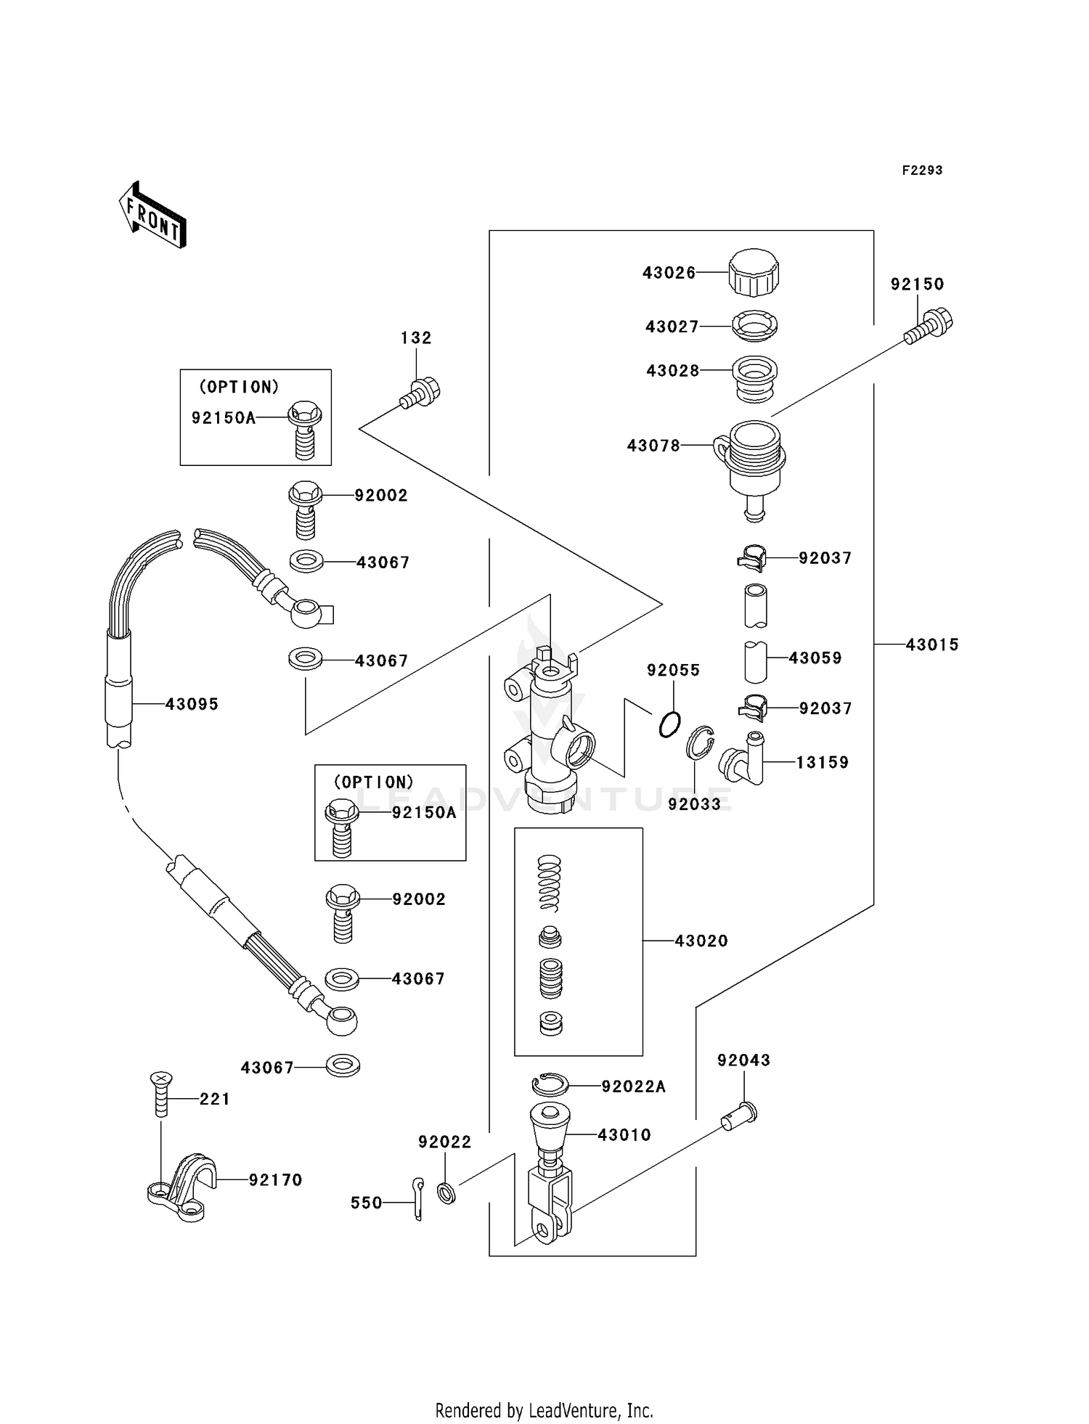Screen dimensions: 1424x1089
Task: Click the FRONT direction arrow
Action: [x=153, y=216]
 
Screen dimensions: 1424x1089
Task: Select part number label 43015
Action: [x=931, y=645]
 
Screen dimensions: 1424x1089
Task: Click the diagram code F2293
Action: [x=922, y=171]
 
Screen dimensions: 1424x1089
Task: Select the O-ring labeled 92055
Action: [x=669, y=724]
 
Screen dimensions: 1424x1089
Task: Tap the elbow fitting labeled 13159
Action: [x=743, y=761]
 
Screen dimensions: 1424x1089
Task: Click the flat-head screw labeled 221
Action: [x=161, y=1094]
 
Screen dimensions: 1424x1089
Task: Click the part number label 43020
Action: [x=701, y=941]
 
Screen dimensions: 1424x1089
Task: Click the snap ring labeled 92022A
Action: [x=550, y=1084]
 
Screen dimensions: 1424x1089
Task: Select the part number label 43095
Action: [x=192, y=704]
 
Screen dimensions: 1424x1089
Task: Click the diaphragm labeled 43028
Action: [x=754, y=377]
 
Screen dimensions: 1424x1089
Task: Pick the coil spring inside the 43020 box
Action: [x=550, y=882]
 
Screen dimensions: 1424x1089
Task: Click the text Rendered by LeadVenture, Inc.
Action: [x=544, y=1410]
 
